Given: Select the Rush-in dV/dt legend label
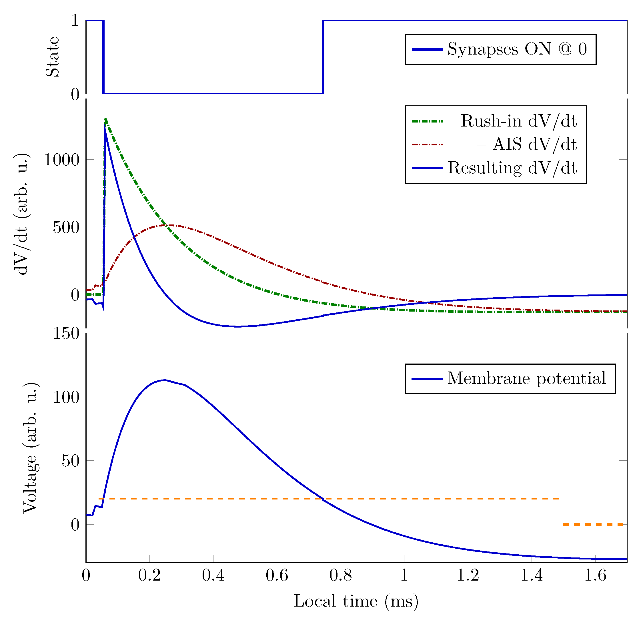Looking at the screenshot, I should click(518, 121).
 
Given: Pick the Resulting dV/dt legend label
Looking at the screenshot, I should click(512, 168).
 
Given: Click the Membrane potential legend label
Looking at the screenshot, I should click(526, 379).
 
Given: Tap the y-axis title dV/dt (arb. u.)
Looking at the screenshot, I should click(22, 214).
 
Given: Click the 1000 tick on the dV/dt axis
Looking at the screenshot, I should click(62, 160).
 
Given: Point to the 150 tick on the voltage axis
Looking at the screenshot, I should click(66, 334).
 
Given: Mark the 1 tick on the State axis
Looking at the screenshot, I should click(75, 21).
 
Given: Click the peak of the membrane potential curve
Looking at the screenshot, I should click(164, 380).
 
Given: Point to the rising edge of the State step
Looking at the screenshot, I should click(323, 57).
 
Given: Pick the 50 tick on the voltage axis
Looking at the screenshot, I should click(71, 461).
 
